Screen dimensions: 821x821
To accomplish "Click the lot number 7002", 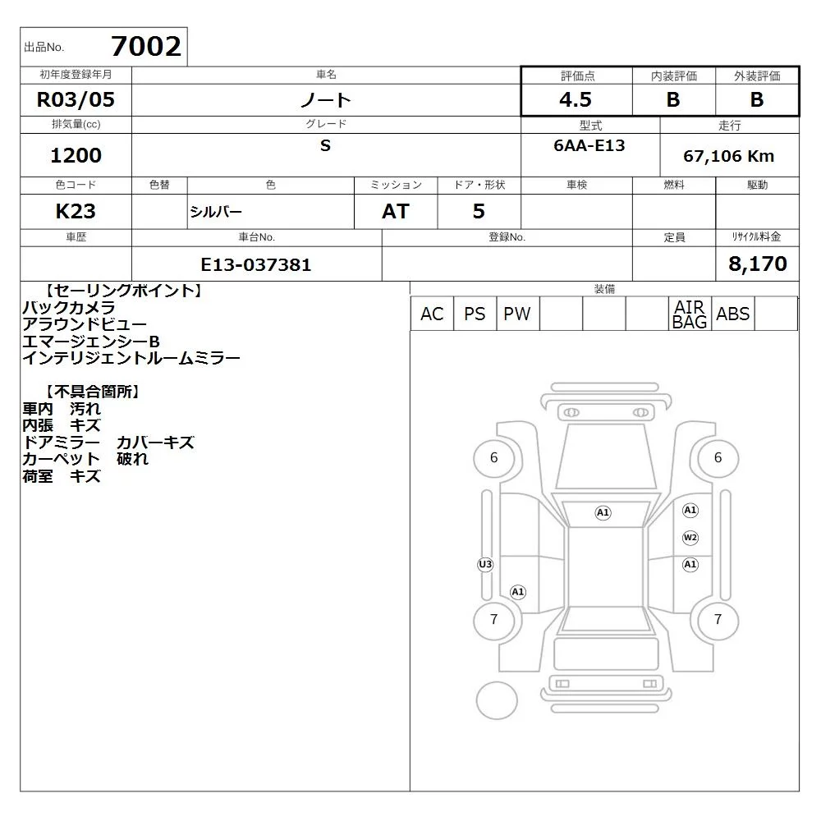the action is click(146, 46).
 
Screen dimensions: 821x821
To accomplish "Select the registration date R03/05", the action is click(76, 99).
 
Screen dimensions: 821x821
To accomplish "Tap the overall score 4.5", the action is click(576, 99).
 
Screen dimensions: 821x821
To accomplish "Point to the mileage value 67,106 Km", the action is click(728, 156).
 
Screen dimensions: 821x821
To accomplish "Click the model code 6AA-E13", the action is click(589, 145).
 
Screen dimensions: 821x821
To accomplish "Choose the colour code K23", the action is click(76, 211).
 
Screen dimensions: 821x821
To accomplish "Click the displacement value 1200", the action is click(76, 155).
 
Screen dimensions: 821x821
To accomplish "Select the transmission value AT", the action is click(396, 211).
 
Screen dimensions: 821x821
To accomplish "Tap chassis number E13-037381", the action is click(256, 264).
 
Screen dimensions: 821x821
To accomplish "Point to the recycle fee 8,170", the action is click(758, 264).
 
